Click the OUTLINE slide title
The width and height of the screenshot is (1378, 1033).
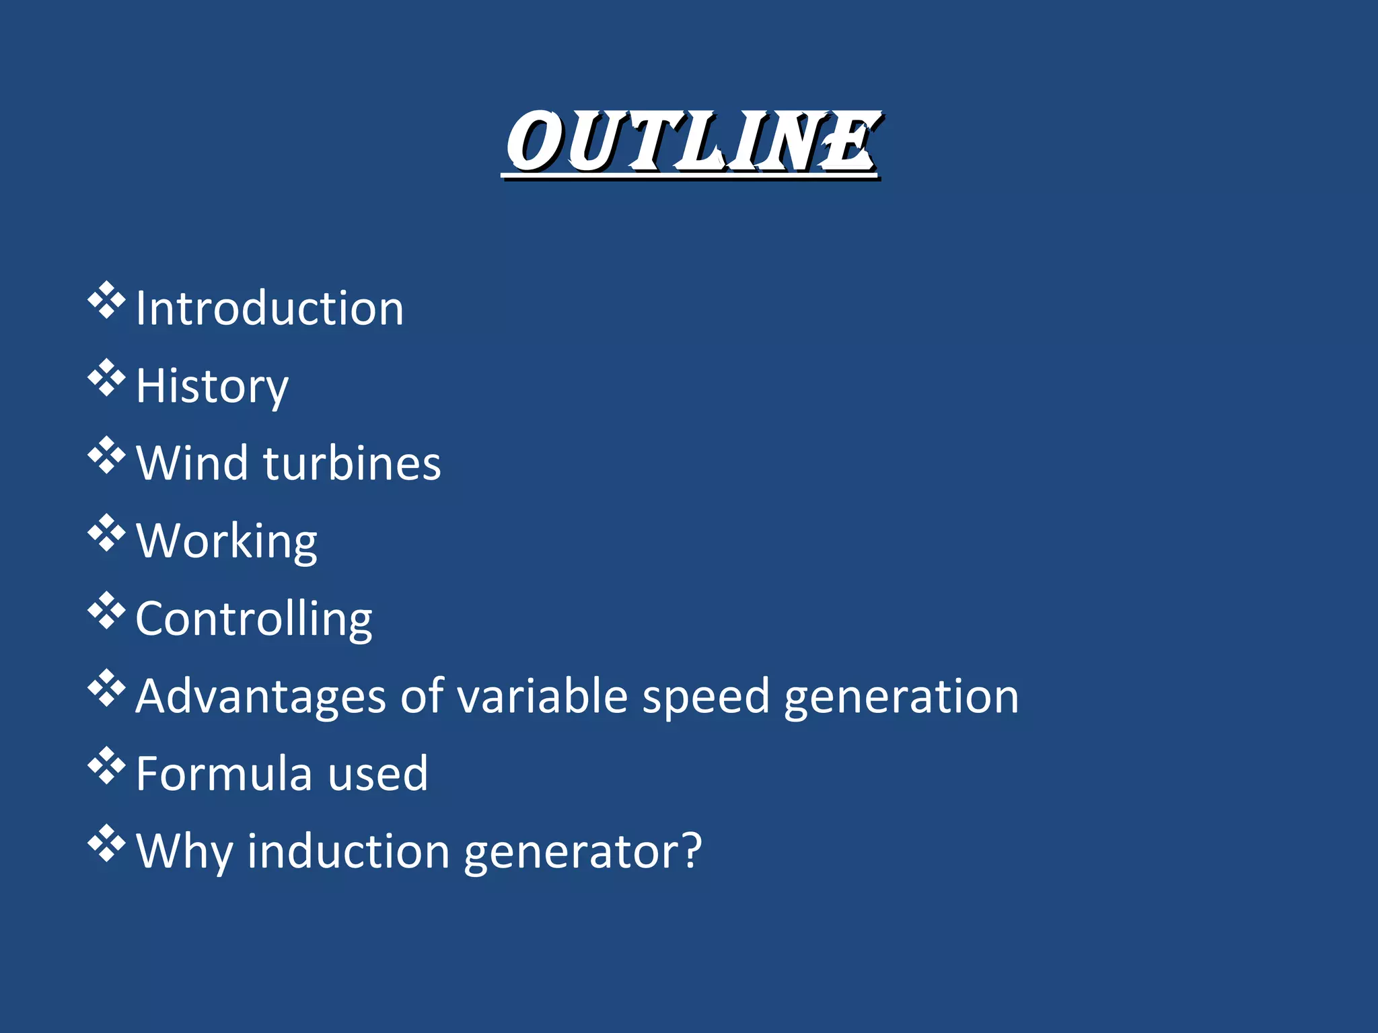click(x=692, y=143)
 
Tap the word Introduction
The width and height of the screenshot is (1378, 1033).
click(x=270, y=309)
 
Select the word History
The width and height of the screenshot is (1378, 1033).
click(x=212, y=387)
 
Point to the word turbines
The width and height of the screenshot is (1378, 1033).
click(x=353, y=463)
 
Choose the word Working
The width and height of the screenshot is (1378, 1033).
click(x=227, y=541)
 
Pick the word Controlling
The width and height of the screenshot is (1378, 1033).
click(x=254, y=619)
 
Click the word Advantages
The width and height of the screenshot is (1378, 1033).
click(x=260, y=697)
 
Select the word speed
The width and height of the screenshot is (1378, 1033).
click(x=706, y=697)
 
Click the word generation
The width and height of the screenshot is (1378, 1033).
click(x=902, y=697)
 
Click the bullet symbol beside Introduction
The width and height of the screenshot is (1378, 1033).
click(x=107, y=301)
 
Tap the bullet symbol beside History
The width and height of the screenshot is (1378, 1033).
click(x=107, y=379)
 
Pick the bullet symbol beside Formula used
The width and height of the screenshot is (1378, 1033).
click(x=107, y=766)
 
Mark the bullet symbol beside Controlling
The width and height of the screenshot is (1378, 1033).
click(x=107, y=611)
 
